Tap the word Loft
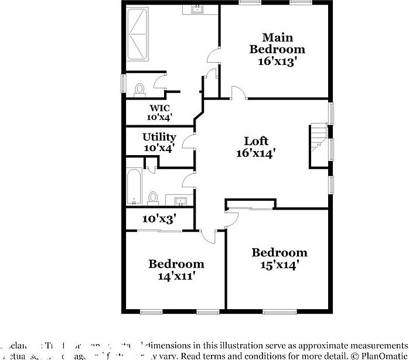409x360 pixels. coord(256,141)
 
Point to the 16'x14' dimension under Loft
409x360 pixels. coord(256,153)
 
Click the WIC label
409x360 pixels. coord(159,108)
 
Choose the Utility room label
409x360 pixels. coord(159,137)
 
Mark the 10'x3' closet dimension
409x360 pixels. coord(159,218)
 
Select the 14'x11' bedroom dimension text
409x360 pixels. coord(176,276)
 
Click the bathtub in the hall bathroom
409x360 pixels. coord(134,187)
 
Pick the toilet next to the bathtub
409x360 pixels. coord(154,197)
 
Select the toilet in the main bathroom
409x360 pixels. coord(139,88)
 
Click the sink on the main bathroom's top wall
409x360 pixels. coord(196,9)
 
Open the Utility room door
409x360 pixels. coord(189,141)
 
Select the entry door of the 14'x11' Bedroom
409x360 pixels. coord(208,236)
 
